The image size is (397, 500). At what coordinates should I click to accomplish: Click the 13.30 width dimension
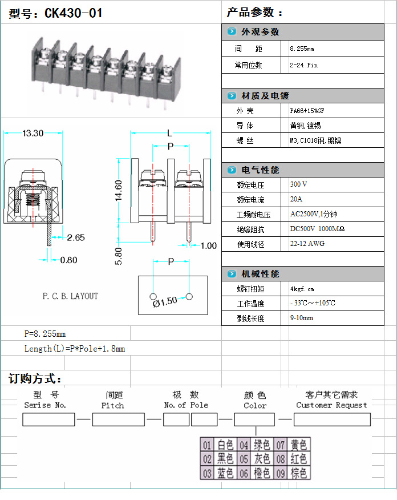tap(33, 134)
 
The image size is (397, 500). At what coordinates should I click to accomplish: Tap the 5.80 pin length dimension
tap(119, 255)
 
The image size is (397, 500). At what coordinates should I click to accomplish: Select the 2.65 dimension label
tap(75, 237)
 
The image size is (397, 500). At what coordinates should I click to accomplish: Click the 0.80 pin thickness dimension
tap(68, 260)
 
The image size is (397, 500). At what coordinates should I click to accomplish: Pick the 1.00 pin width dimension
tap(208, 246)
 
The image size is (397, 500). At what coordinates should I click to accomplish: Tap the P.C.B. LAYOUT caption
tap(70, 296)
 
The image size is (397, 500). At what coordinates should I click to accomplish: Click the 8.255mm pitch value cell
tap(302, 49)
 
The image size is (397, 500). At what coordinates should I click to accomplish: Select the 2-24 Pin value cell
tap(304, 65)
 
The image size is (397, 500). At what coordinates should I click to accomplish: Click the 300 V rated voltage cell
tap(299, 185)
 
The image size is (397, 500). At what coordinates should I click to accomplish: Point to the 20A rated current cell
tap(297, 200)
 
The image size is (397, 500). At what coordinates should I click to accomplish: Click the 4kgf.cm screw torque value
tap(302, 289)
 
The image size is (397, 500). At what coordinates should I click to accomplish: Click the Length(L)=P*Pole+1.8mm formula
tap(74, 348)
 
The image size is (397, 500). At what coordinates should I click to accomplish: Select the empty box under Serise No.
tap(48, 420)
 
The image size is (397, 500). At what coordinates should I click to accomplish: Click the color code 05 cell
tap(244, 459)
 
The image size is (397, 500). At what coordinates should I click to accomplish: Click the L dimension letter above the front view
tap(169, 134)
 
